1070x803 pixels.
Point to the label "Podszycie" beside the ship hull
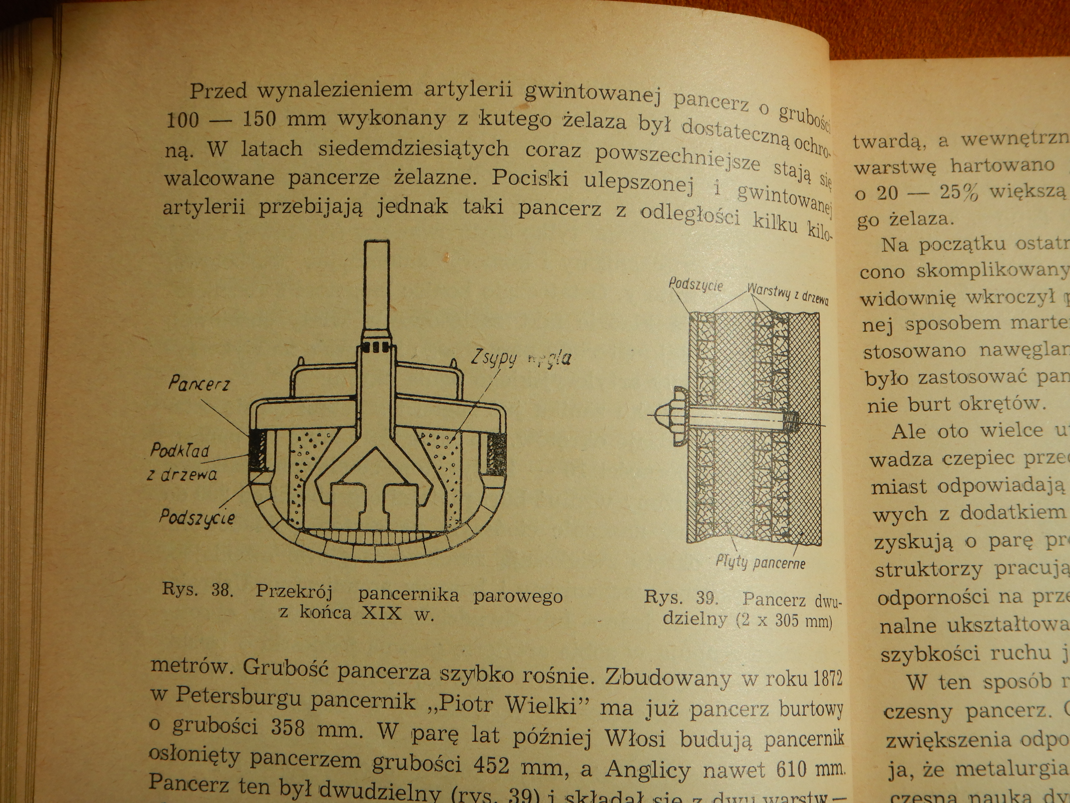(x=197, y=518)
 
